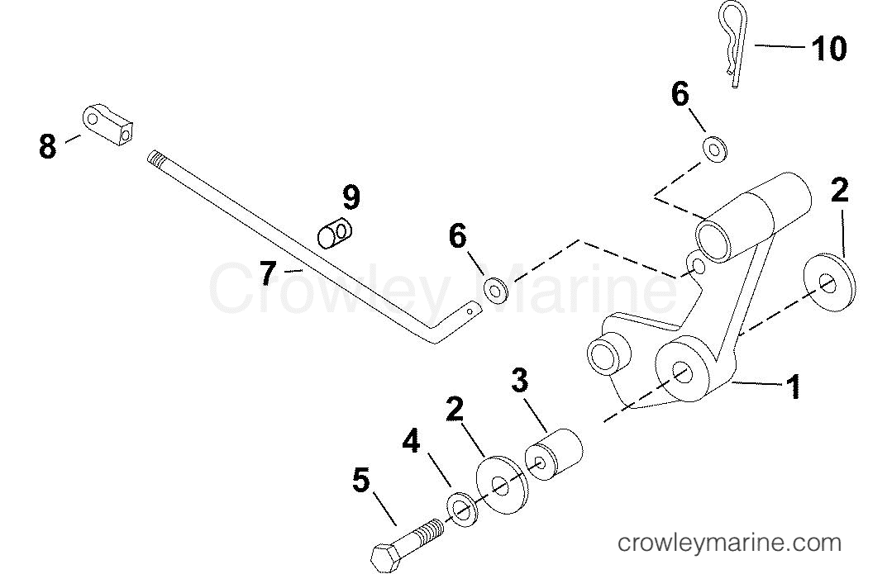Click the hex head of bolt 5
pyautogui.click(x=387, y=557)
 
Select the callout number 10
pyautogui.click(x=829, y=48)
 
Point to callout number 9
pyautogui.click(x=351, y=197)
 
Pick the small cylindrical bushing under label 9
pyautogui.click(x=334, y=234)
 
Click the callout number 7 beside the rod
pyautogui.click(x=268, y=273)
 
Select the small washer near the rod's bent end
pyautogui.click(x=495, y=290)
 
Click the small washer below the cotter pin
pyautogui.click(x=714, y=149)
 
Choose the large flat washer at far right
pyautogui.click(x=830, y=283)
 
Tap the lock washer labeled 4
pyautogui.click(x=463, y=510)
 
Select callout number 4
pyautogui.click(x=411, y=442)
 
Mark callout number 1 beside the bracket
pyautogui.click(x=794, y=387)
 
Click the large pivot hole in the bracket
pyautogui.click(x=682, y=372)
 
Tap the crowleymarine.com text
pyautogui.click(x=729, y=543)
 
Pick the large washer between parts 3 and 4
pyautogui.click(x=501, y=486)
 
